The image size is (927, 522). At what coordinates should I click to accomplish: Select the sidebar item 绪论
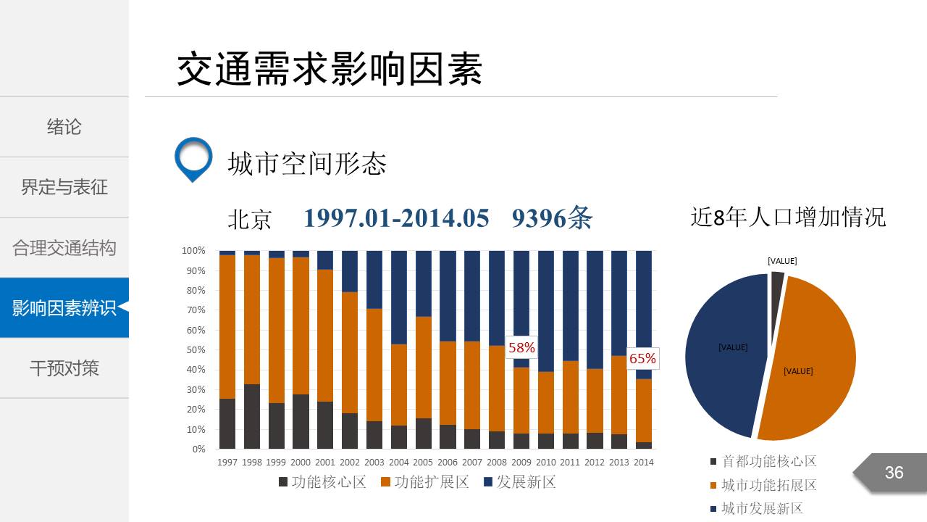(64, 127)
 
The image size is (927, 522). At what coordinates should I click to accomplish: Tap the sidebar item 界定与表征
(64, 187)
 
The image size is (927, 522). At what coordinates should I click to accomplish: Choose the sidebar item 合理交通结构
(64, 248)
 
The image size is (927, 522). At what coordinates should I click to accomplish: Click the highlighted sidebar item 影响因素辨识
(64, 307)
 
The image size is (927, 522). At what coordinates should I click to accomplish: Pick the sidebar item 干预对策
(64, 368)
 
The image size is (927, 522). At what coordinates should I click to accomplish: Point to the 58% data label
(521, 348)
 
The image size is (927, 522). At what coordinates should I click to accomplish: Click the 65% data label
(642, 359)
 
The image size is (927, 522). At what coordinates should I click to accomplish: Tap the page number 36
(894, 473)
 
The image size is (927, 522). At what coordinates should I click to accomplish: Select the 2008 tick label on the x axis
(497, 463)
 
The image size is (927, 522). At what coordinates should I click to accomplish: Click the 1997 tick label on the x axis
(227, 463)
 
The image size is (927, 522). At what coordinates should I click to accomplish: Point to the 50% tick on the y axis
(194, 349)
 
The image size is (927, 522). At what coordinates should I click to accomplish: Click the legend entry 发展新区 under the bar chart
(519, 482)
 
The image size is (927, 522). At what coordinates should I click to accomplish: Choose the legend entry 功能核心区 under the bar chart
(322, 482)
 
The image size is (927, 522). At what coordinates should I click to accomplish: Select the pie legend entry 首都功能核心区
(763, 462)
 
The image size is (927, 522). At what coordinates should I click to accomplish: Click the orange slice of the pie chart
(808, 362)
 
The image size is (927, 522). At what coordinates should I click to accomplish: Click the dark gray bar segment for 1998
(251, 417)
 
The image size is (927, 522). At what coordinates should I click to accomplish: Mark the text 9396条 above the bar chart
(552, 218)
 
